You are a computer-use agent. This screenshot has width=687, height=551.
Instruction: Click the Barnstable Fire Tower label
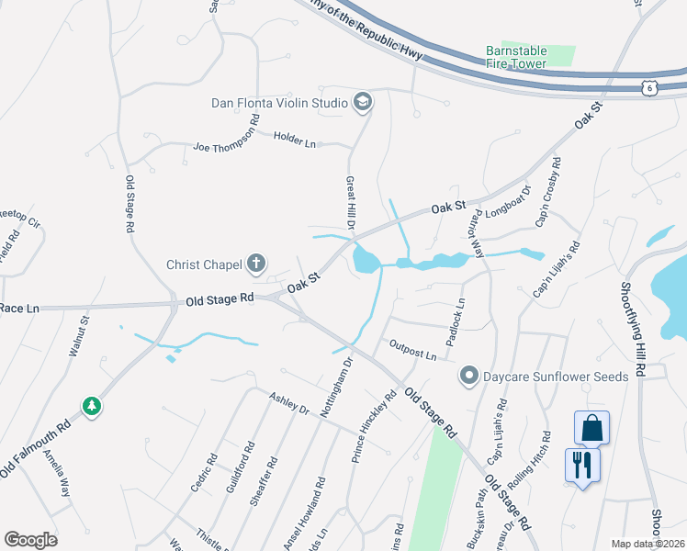point(517,57)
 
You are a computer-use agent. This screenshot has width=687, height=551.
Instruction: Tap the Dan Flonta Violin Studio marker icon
point(362,103)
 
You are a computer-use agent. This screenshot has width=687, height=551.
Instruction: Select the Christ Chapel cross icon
point(256,265)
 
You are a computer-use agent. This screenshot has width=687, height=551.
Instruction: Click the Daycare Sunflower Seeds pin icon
point(469,376)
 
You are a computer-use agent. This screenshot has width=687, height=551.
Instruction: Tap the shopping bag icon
point(591,427)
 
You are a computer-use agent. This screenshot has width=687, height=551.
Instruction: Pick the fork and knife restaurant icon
point(582,464)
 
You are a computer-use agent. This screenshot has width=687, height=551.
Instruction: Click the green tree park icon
point(91,405)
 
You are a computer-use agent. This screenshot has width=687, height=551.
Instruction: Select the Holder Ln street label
point(294,140)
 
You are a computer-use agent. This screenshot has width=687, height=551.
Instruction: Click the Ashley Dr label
point(289,403)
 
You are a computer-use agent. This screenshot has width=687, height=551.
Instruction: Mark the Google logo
point(30,540)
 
